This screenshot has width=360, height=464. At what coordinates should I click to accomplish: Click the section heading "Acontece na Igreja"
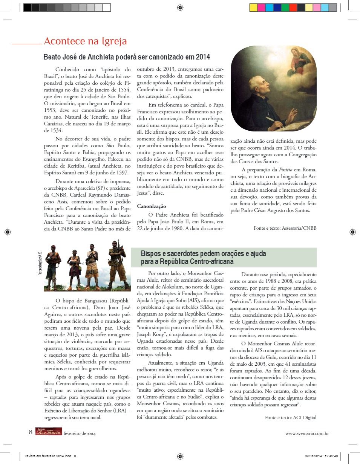coord(85,41)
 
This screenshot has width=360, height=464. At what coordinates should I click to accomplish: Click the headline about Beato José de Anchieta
coord(127,57)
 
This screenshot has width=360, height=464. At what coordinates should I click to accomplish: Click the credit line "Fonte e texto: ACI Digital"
coord(291,417)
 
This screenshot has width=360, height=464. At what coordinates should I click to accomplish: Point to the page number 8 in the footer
coord(31,432)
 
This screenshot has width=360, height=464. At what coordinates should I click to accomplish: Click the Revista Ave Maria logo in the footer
coord(48,432)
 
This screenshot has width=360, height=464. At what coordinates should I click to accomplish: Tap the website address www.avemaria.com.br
coord(307,433)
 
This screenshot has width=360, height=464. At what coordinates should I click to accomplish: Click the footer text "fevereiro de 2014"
coord(80,434)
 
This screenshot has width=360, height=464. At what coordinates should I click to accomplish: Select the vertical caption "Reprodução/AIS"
coord(40,264)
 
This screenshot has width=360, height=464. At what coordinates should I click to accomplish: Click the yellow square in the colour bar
coord(253,8)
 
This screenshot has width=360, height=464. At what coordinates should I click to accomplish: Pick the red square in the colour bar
coord(293,8)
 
